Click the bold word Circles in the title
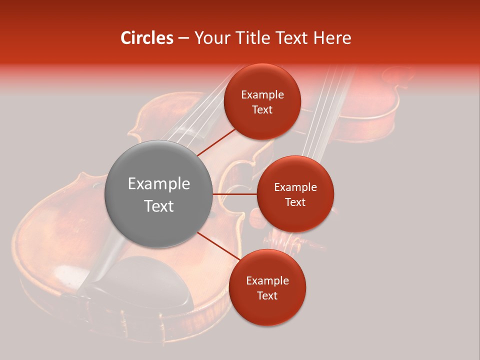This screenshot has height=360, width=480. click(x=147, y=38)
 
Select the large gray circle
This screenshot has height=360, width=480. click(x=158, y=194)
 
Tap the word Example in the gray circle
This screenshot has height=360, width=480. click(x=158, y=184)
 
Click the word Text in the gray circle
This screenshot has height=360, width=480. click(x=158, y=206)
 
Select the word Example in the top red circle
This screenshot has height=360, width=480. click(x=262, y=95)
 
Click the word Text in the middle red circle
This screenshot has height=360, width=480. click(x=295, y=202)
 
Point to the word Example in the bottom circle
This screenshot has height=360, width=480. click(x=267, y=281)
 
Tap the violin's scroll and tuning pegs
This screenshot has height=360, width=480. click(x=290, y=240)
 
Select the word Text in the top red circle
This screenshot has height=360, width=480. click(x=262, y=109)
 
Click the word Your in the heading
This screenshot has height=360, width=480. click(x=210, y=38)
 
